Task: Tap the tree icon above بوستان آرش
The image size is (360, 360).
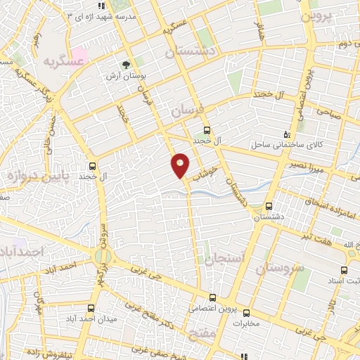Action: tap(126, 64)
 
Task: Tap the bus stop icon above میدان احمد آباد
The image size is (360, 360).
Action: tap(91, 308)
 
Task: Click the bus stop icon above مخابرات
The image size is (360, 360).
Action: tap(245, 313)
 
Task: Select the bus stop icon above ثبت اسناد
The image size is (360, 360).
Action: tap(343, 270)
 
